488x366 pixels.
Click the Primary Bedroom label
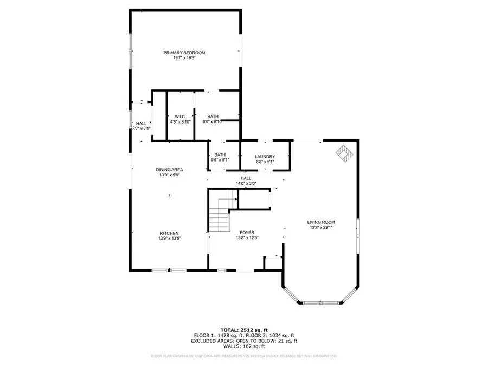[x=184, y=53]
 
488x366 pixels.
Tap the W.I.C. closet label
[x=181, y=117]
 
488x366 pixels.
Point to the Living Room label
[x=321, y=222]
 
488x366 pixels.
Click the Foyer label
[x=247, y=232]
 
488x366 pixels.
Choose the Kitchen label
[x=169, y=233]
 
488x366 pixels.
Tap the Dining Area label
[x=169, y=170]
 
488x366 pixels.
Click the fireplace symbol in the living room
[x=344, y=153]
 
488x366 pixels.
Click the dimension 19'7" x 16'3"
[x=184, y=58]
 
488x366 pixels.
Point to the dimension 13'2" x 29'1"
[x=321, y=228]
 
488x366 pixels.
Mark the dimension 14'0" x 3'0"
[x=246, y=184]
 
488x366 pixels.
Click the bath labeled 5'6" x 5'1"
[x=220, y=157]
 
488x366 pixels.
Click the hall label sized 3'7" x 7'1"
[x=141, y=126]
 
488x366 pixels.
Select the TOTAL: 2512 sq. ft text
[x=243, y=329]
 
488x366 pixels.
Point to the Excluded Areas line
[x=243, y=341]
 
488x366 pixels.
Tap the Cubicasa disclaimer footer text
[x=243, y=356]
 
